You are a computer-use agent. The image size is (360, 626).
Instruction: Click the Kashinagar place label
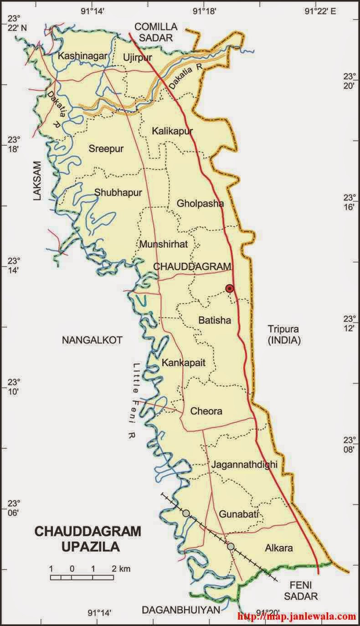(x=82, y=56)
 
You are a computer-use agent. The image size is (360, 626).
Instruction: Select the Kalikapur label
(x=172, y=131)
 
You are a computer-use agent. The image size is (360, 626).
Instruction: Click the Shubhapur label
(x=118, y=192)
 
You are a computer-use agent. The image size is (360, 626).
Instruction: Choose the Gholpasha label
(x=201, y=203)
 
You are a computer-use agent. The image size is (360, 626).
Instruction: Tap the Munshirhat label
(x=164, y=244)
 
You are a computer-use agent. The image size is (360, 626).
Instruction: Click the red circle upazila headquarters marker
(x=230, y=288)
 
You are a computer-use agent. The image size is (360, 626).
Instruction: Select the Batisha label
(x=214, y=320)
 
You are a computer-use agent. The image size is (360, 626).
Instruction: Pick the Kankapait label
(x=184, y=363)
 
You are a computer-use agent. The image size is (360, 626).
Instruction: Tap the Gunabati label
(x=239, y=514)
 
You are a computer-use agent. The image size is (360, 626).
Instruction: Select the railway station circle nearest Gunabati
(x=231, y=546)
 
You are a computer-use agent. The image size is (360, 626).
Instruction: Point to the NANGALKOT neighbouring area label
(x=92, y=339)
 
